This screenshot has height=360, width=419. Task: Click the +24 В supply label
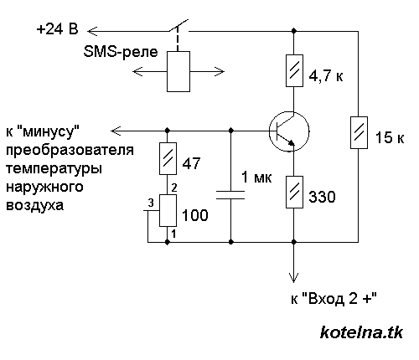click(58, 29)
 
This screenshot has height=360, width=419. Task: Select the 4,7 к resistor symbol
click(292, 72)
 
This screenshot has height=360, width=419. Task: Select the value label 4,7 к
click(328, 77)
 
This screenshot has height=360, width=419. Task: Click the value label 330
click(323, 198)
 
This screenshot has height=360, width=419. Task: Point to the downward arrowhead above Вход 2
click(293, 280)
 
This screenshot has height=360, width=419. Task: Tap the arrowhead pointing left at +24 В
click(94, 30)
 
